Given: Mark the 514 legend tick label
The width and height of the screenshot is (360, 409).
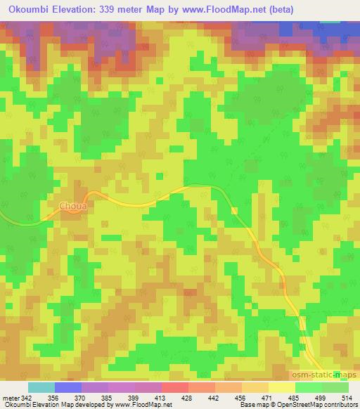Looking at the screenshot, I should [348, 398].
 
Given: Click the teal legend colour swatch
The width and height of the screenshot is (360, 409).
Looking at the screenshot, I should [41, 387].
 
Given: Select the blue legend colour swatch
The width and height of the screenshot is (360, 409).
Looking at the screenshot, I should [68, 387].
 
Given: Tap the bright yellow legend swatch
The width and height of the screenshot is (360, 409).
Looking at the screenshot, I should [281, 387].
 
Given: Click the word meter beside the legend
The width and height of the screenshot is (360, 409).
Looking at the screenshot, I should [9, 398].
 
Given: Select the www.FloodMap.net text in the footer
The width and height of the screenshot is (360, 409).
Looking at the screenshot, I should [139, 405].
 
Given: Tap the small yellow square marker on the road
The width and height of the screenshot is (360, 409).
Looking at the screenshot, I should [235, 210].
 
